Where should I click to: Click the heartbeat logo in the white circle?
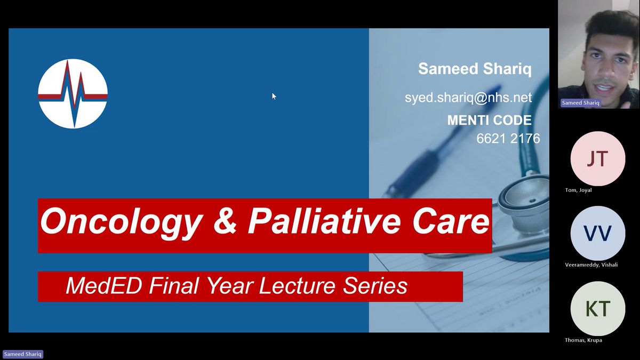(x=73, y=94)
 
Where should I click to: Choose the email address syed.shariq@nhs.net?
(x=468, y=98)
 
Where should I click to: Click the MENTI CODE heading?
(x=490, y=121)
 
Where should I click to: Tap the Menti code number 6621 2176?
(x=508, y=139)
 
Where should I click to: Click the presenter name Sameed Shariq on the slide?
(x=475, y=69)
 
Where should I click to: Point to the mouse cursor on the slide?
(x=274, y=97)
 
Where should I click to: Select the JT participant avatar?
(x=598, y=158)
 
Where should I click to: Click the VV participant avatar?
(x=598, y=233)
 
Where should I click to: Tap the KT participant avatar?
(x=598, y=309)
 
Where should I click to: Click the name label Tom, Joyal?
(x=578, y=190)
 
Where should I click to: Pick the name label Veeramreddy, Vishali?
(x=591, y=265)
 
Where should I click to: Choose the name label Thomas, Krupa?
(x=583, y=340)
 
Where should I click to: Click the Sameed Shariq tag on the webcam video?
(x=581, y=103)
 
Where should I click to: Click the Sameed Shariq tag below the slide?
(x=23, y=354)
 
